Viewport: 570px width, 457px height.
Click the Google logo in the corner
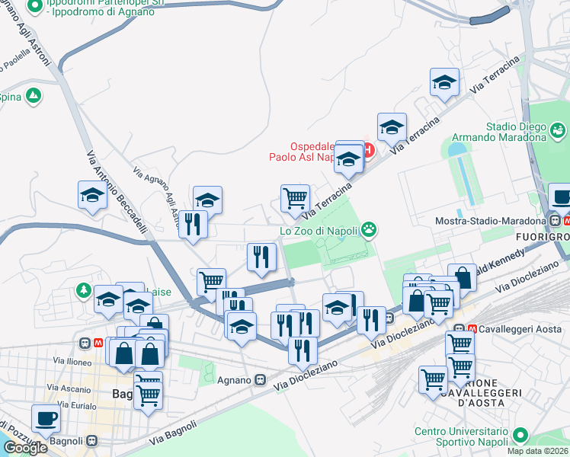(24, 448)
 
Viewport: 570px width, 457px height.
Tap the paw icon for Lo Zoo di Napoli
(370, 228)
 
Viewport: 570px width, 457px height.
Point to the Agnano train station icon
(261, 380)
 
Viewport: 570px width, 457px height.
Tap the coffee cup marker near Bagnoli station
(46, 418)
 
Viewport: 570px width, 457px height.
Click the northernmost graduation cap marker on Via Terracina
(444, 82)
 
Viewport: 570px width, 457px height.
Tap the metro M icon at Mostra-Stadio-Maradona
(555, 221)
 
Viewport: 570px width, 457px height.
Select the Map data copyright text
(537, 451)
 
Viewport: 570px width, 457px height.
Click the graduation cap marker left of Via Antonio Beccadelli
(92, 195)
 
